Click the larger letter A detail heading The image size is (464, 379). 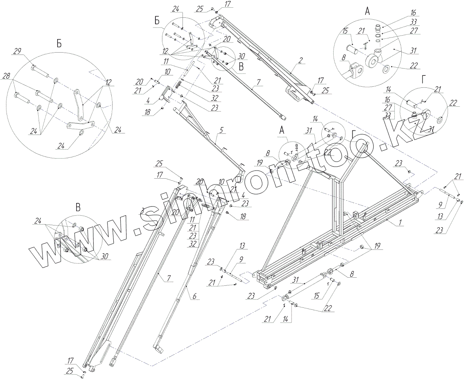coord(367,12)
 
